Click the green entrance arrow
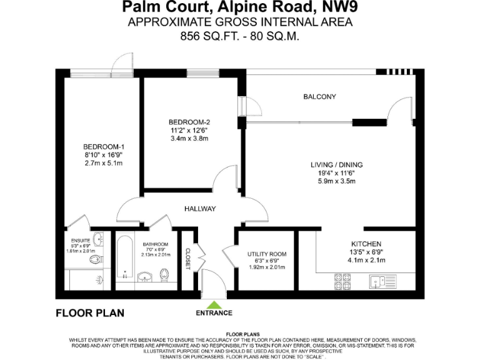pyautogui.click(x=214, y=304)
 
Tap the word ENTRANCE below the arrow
pyautogui.click(x=214, y=313)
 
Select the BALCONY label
pyautogui.click(x=319, y=97)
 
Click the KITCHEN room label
pyautogui.click(x=366, y=244)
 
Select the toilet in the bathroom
pyautogui.click(x=164, y=275)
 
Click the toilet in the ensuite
pyautogui.click(x=96, y=262)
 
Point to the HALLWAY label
pyautogui.click(x=199, y=209)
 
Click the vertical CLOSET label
pyautogui.click(x=187, y=257)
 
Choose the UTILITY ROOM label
pyautogui.click(x=267, y=254)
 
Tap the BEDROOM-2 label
pyautogui.click(x=188, y=121)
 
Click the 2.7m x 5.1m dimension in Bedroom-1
pyautogui.click(x=102, y=164)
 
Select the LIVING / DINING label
pyautogui.click(x=336, y=165)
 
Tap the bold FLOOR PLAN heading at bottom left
pyautogui.click(x=90, y=313)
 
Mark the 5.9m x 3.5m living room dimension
pyautogui.click(x=336, y=182)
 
